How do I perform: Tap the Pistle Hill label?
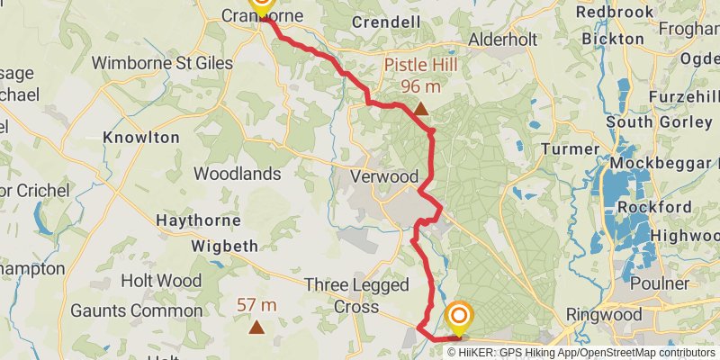[421, 66]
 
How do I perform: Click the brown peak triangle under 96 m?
[420, 109]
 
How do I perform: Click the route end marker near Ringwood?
[460, 318]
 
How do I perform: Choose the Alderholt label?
[501, 40]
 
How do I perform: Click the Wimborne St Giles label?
[161, 64]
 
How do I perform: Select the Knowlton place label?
[141, 138]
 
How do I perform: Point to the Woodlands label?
[238, 173]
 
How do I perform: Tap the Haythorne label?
[198, 220]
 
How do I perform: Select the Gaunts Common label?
[123, 310]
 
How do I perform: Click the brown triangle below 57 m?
[256, 327]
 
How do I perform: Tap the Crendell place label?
[386, 21]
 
